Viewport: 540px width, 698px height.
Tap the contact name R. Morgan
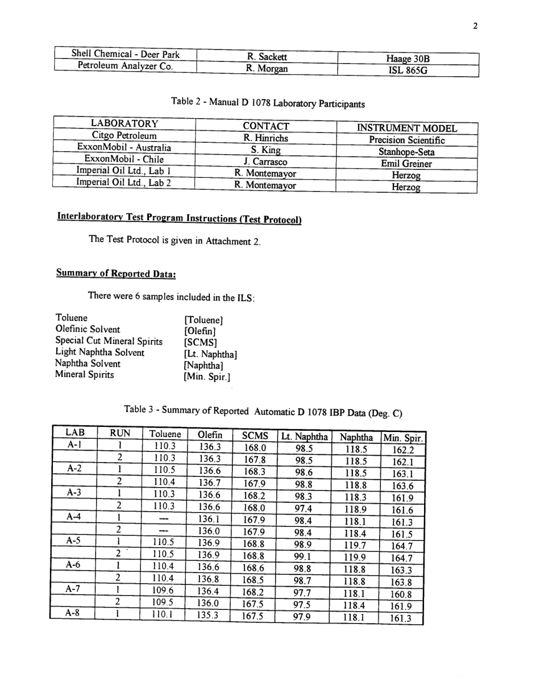267,69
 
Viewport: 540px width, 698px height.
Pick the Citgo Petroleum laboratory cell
123,136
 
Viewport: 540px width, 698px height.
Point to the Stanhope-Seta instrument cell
406,152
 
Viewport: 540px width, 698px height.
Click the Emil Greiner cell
406,164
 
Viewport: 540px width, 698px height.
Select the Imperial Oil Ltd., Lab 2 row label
123,183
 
